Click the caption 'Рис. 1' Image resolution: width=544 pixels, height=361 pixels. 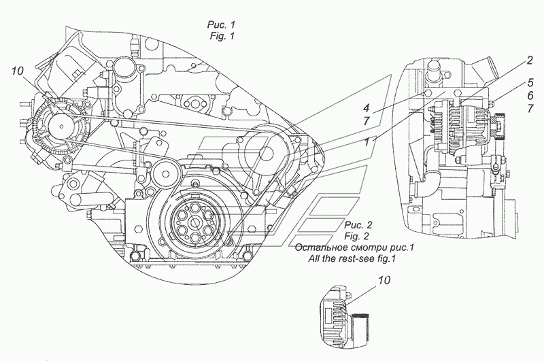222,24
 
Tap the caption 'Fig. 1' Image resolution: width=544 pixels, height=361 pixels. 222,36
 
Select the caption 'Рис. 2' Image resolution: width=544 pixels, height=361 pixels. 358,225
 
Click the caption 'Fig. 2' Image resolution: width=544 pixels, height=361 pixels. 356,236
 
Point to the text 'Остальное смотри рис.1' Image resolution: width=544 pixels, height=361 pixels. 354,247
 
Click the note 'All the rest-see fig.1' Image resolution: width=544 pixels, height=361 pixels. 352,258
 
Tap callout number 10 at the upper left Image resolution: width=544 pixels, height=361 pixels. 17,71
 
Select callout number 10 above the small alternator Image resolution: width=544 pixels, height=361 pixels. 384,280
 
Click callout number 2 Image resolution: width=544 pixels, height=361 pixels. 530,61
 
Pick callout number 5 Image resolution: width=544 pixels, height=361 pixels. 530,83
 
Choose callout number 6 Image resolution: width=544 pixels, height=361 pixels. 530,95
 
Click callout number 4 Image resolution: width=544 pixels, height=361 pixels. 367,109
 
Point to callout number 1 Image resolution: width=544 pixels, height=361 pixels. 367,142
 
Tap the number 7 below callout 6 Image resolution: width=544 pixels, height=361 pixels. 530,109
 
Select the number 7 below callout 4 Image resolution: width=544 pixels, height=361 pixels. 367,121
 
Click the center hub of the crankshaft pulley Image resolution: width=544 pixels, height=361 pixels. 195,222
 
